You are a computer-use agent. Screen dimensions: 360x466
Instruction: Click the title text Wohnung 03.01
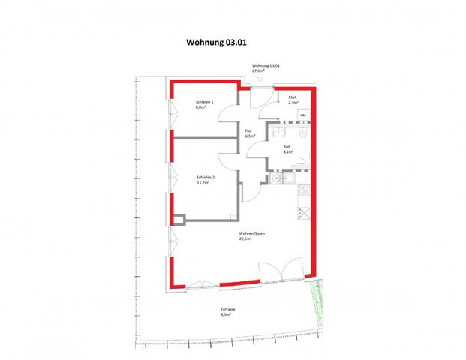[217, 43]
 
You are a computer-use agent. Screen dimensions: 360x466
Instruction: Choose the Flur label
[249, 131]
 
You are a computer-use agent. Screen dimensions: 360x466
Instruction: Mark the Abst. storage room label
[293, 97]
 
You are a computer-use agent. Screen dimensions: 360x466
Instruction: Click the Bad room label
[287, 147]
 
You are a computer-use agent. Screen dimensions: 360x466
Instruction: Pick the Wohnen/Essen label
[253, 234]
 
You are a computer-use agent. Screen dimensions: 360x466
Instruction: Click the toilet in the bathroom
[299, 133]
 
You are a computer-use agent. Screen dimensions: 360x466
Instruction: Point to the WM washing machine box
[305, 115]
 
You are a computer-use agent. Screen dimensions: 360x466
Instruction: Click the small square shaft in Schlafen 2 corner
[179, 219]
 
